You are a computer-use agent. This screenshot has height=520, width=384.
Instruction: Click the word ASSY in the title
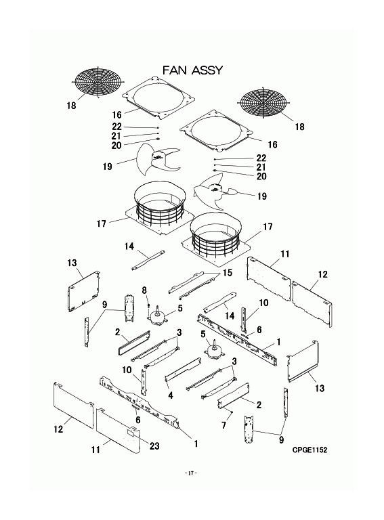[208, 70]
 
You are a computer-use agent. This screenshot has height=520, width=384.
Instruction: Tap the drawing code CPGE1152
[310, 450]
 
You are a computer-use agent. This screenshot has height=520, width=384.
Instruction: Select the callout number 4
[171, 395]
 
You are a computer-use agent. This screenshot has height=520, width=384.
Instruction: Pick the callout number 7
[224, 425]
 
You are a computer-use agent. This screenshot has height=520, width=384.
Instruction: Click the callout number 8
[144, 291]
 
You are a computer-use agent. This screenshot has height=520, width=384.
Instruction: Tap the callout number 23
[154, 446]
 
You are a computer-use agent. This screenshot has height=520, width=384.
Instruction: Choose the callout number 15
[228, 273]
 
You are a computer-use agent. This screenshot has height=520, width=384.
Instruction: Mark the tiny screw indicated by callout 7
[232, 412]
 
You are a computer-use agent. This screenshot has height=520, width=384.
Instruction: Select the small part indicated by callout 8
[149, 305]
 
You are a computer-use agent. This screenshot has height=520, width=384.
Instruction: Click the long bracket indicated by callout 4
[184, 369]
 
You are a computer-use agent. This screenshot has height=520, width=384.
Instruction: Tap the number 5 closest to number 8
[180, 309]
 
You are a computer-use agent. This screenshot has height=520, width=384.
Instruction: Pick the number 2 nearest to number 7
[259, 405]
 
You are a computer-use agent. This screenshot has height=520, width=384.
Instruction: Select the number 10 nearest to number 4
[127, 370]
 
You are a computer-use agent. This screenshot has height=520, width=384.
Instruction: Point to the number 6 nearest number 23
[138, 420]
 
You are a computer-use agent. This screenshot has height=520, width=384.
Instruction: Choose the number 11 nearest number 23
[96, 450]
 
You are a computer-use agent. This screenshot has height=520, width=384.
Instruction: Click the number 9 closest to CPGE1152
[281, 439]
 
